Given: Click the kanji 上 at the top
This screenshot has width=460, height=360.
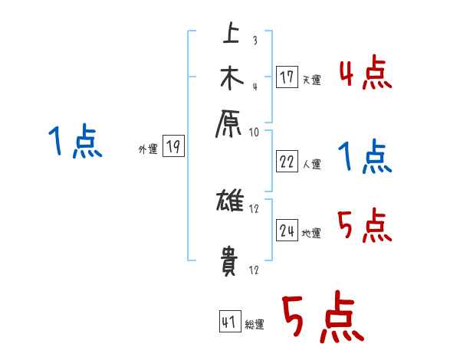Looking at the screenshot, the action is [229, 34].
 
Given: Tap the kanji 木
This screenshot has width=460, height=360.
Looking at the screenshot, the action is [230, 78].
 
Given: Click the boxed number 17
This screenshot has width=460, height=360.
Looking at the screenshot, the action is [287, 77].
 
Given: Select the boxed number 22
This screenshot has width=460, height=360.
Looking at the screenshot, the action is [287, 162].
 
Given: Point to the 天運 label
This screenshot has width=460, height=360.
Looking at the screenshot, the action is [311, 79].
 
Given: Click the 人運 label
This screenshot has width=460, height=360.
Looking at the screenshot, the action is [311, 164].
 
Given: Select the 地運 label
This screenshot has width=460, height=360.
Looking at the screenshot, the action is [311, 234].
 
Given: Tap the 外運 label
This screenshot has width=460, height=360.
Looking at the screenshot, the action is [148, 150].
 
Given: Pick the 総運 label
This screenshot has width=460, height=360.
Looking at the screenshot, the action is [255, 324].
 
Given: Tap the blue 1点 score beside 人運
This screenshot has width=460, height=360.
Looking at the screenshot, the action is [366, 159].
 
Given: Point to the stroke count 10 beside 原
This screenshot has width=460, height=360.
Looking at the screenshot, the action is [254, 132].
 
